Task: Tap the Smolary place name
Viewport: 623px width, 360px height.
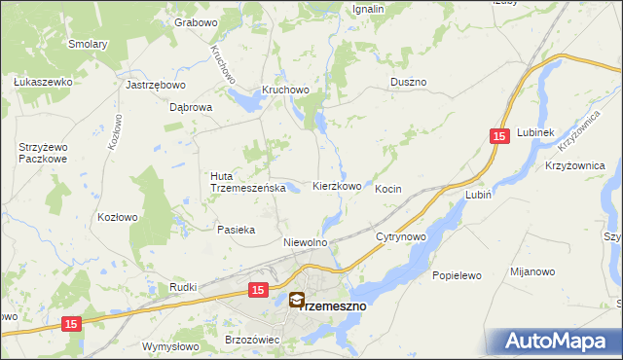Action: pos(87,44)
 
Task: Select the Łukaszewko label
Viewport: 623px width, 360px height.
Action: pos(43,82)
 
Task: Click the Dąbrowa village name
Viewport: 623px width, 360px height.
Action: pos(191,108)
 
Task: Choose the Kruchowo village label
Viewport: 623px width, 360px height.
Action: pos(284,90)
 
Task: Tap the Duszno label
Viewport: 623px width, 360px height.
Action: pos(408,83)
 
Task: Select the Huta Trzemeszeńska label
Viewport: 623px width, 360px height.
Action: pos(246,182)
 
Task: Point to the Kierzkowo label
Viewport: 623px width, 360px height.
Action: pos(337,186)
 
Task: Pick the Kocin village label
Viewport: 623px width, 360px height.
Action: pos(388,188)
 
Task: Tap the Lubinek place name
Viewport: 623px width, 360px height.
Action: pos(535,132)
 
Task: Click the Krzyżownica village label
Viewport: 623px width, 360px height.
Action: pos(575,166)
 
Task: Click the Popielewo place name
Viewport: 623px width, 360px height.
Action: pos(457,275)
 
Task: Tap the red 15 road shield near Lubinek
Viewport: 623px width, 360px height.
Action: pos(499,139)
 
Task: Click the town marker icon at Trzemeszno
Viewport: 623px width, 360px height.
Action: pos(296,302)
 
